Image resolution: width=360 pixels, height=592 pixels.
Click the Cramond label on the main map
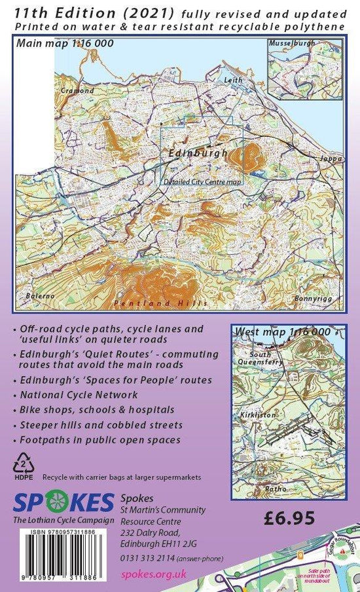click(x=73, y=90)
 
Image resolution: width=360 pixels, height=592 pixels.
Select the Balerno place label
click(x=40, y=297)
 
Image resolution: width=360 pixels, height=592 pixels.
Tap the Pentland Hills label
click(x=160, y=303)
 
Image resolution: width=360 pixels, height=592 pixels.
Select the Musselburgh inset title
click(x=291, y=43)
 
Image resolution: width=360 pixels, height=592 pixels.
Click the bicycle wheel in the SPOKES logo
click(x=57, y=502)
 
